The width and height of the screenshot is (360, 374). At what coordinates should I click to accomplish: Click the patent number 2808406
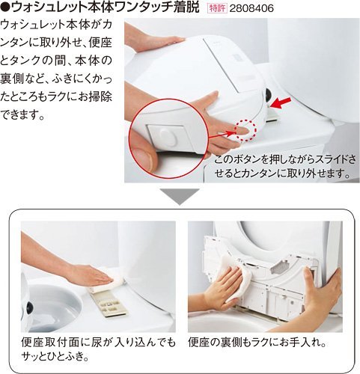tap(251, 8)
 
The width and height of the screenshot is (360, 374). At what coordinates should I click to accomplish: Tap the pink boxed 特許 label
tap(217, 8)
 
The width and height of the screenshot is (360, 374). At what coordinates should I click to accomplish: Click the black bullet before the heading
tap(4, 7)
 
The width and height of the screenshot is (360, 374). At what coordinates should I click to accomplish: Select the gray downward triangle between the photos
tap(180, 197)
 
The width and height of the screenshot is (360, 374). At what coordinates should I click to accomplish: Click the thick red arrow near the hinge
tap(281, 102)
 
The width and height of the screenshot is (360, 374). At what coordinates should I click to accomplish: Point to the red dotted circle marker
tap(246, 129)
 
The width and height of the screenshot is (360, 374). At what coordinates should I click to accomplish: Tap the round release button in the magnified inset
tap(168, 136)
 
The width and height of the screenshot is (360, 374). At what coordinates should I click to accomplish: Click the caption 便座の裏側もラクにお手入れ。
tap(257, 342)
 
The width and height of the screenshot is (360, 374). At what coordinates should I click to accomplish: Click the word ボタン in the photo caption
tap(246, 159)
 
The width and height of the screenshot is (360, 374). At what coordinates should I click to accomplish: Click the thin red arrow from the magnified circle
tap(222, 134)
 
